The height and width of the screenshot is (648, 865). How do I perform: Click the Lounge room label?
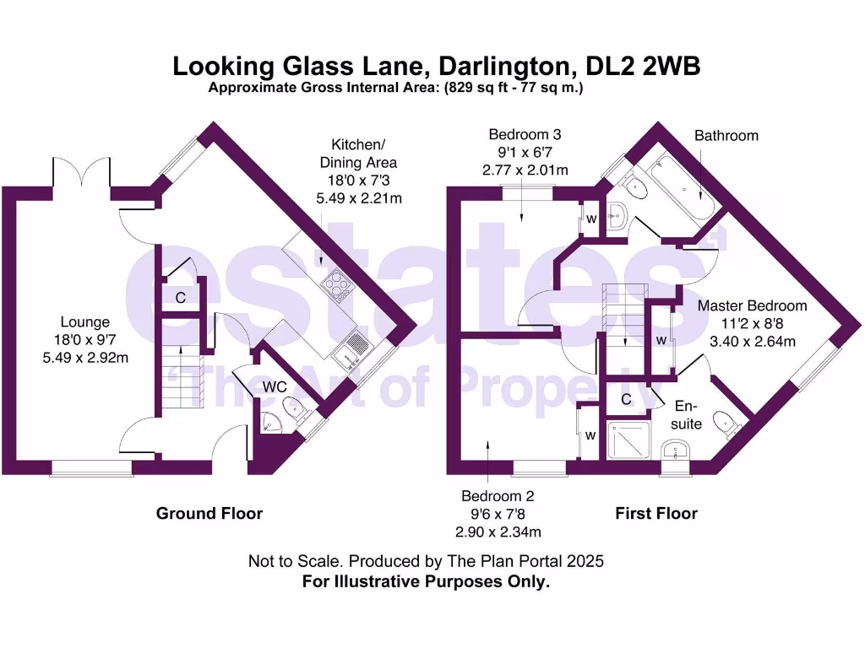[x=84, y=321]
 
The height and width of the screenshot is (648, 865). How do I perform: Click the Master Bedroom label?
[x=752, y=305]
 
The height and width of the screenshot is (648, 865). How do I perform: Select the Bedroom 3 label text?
[x=525, y=134]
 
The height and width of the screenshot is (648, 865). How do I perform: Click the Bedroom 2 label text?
[x=498, y=496]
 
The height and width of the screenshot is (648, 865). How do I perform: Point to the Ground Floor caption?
[x=209, y=513]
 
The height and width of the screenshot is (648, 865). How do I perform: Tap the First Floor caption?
[x=656, y=513]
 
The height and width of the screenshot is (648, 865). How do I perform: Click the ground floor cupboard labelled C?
[x=181, y=297]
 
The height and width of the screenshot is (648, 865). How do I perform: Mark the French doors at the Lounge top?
[x=82, y=175]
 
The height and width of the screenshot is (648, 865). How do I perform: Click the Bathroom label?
[x=726, y=135]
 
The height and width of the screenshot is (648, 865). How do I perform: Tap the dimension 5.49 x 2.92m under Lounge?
[x=84, y=356]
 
